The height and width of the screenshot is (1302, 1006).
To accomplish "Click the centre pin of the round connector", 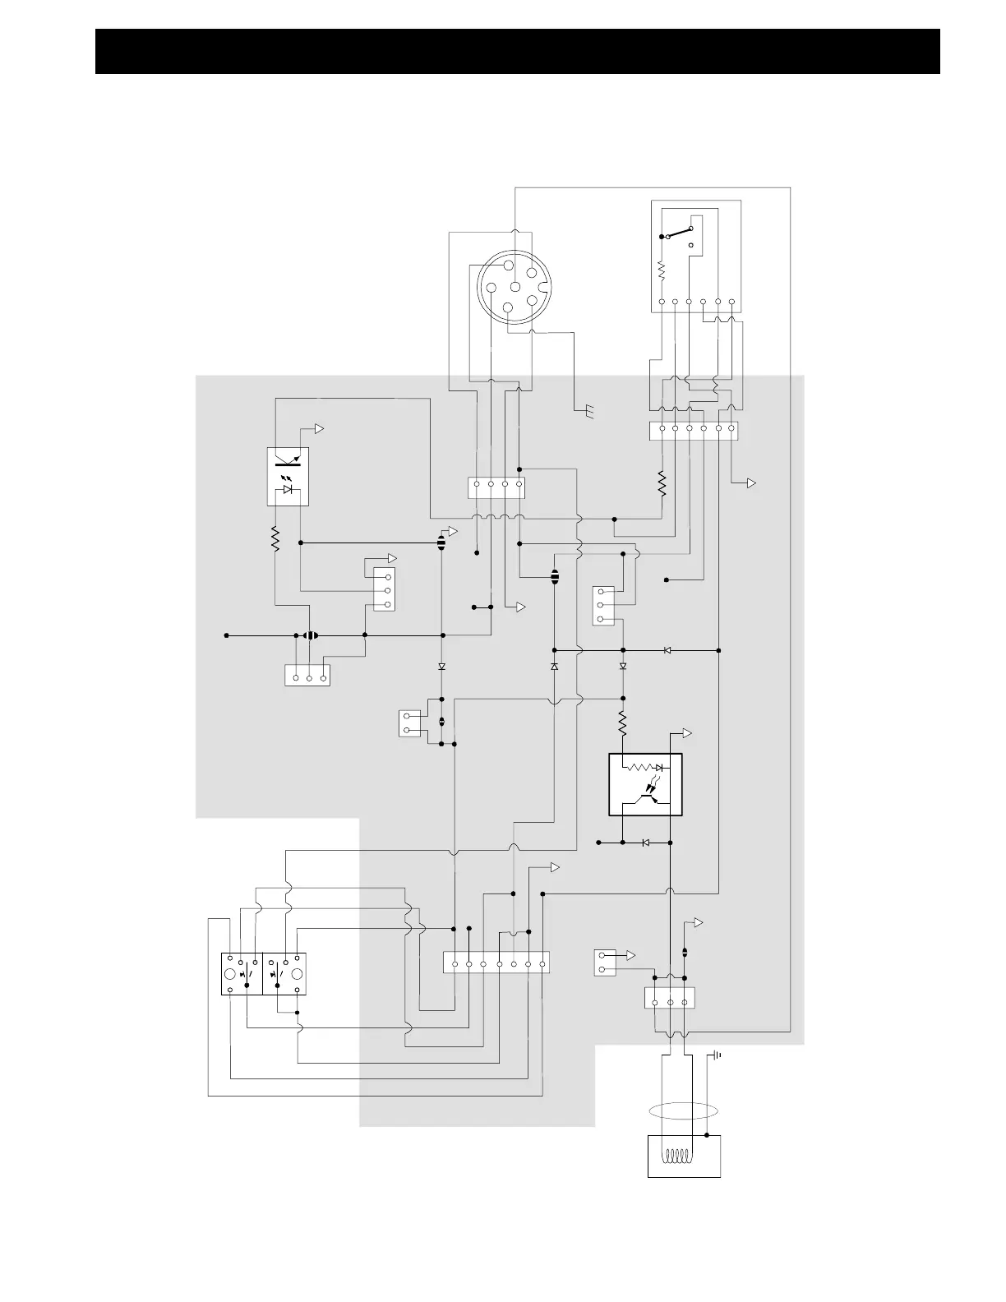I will coord(515,287).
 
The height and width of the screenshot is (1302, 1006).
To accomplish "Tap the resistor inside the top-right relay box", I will coord(662,270).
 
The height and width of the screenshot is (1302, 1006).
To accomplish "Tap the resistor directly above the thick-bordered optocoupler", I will coord(622,723).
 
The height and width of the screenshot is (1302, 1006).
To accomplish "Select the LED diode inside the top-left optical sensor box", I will coord(288,489).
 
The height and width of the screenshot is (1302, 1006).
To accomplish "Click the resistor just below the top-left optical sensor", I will coord(275,539).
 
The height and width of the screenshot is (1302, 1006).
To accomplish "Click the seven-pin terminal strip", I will coord(496,963).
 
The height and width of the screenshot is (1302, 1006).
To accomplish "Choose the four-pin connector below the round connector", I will coord(496,487).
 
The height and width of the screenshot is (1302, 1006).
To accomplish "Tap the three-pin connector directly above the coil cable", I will coord(670,997).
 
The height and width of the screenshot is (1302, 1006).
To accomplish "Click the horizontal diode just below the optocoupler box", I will coord(646,843).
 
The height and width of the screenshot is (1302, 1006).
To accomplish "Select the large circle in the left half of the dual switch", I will coord(232,974).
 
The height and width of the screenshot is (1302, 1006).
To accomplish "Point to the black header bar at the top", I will coord(518,51).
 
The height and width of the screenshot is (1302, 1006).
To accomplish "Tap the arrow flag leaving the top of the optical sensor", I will coord(319,429).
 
